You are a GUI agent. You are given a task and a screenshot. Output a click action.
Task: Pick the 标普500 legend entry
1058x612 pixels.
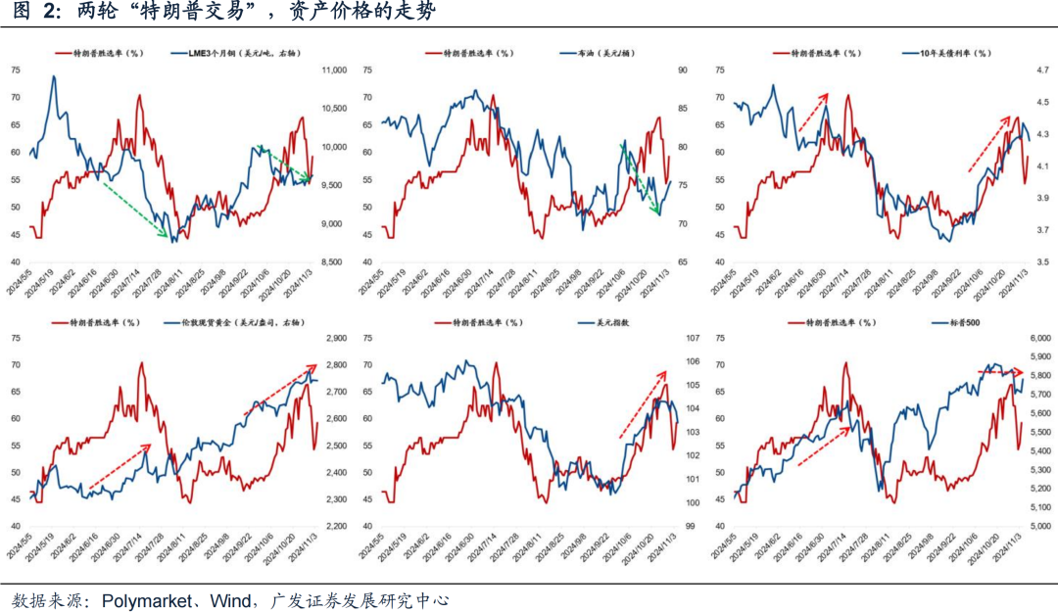[965, 322]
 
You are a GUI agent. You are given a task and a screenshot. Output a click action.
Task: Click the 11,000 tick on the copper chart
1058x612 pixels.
[334, 70]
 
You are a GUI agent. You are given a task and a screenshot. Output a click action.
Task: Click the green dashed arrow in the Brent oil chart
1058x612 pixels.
[640, 178]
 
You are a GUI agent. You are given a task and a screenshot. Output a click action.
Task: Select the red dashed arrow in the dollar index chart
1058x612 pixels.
[642, 403]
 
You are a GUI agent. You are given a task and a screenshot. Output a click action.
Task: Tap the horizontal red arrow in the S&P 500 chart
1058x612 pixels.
[1001, 372]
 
